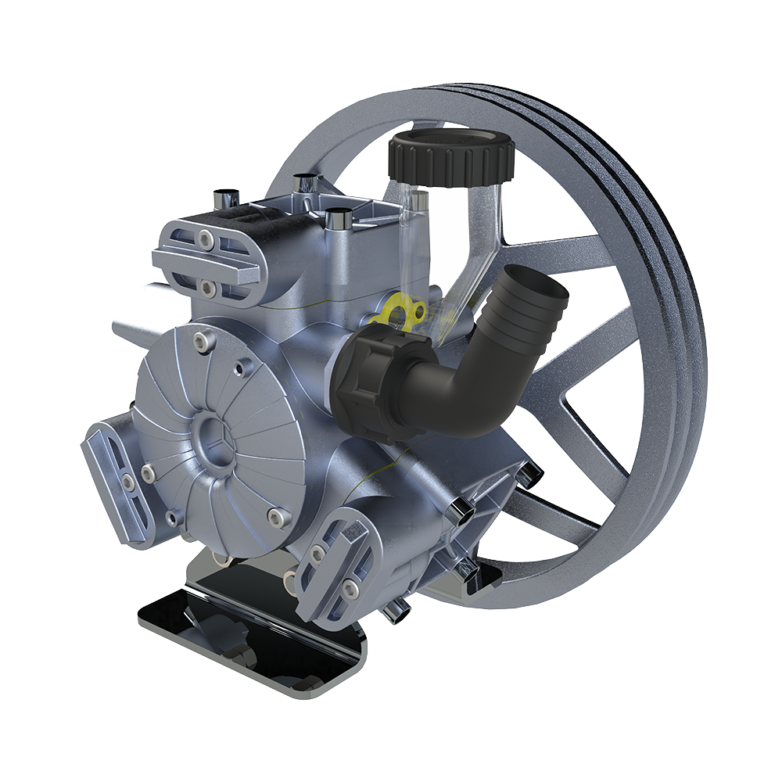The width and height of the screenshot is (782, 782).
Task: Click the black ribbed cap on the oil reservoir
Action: [x=451, y=158]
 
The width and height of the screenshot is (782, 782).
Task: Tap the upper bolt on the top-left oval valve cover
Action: [x=204, y=237]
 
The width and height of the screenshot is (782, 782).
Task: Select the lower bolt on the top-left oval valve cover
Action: [x=208, y=289]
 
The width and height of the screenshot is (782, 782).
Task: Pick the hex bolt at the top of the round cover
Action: [x=202, y=341]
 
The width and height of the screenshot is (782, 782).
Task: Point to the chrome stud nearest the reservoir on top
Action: [x=337, y=218]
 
